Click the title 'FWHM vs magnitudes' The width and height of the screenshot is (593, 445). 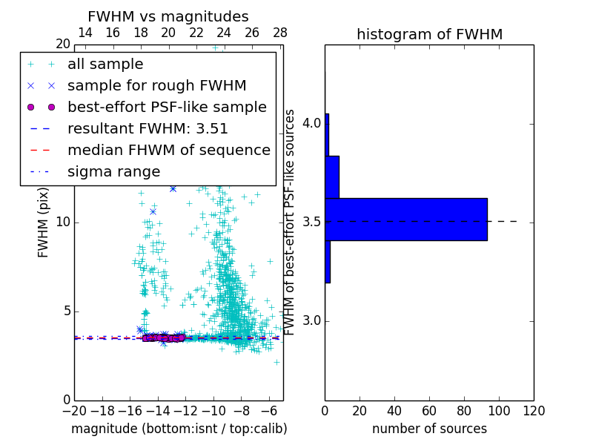(x=168, y=17)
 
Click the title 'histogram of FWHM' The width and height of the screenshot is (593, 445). (x=429, y=35)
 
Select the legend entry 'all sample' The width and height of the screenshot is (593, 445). (x=105, y=65)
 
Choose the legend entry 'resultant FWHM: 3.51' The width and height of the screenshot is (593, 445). (x=148, y=129)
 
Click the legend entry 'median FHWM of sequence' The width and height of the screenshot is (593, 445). (x=168, y=151)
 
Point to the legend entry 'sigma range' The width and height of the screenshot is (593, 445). (x=113, y=172)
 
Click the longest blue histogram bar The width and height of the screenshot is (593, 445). (x=406, y=220)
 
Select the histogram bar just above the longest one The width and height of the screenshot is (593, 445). (x=332, y=177)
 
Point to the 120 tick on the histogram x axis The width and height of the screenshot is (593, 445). (x=533, y=411)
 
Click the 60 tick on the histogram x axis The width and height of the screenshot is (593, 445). (x=429, y=411)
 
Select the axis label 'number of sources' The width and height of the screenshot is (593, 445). (x=429, y=429)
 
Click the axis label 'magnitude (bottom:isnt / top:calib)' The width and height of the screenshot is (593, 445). (x=179, y=429)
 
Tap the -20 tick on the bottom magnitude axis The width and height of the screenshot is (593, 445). (x=74, y=411)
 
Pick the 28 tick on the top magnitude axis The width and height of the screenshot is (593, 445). (x=279, y=33)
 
